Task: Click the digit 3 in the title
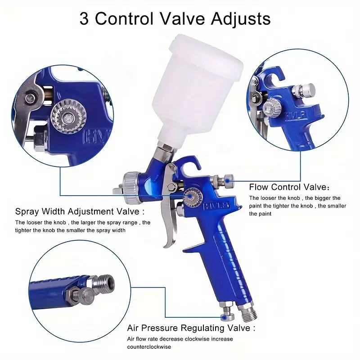point(84,18)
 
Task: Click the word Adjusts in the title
point(241,19)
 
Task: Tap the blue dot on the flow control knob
point(227,181)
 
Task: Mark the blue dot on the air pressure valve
point(224,318)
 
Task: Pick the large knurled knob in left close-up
point(68,117)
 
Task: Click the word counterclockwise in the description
point(149,346)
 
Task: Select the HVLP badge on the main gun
point(216,205)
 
